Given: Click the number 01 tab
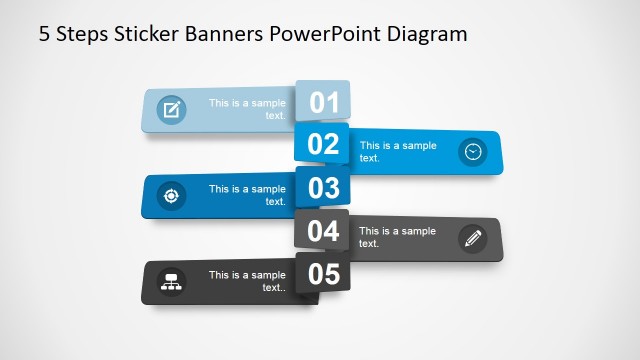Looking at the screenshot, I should click(x=324, y=101).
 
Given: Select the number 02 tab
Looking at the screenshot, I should click(x=323, y=144).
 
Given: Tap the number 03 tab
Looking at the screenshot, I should click(x=323, y=187).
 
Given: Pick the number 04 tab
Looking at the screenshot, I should click(x=323, y=231).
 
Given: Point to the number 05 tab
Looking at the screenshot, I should click(x=323, y=274).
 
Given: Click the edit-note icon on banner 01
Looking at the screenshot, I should click(x=172, y=109).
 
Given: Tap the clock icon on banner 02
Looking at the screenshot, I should click(x=472, y=152).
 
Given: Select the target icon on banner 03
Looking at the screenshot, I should click(x=171, y=195).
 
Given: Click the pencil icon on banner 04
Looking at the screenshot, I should click(x=472, y=238).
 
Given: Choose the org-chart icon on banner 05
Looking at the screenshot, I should click(x=171, y=281).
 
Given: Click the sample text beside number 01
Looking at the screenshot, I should click(x=247, y=109).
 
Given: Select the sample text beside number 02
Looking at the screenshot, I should click(x=398, y=152).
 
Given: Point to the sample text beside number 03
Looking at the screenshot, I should click(x=247, y=195).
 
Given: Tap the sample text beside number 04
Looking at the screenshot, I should click(x=398, y=238).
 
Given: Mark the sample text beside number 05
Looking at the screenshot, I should click(x=247, y=281).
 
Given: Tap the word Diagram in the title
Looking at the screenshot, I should click(x=427, y=35).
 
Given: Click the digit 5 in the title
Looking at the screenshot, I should click(x=44, y=35).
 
